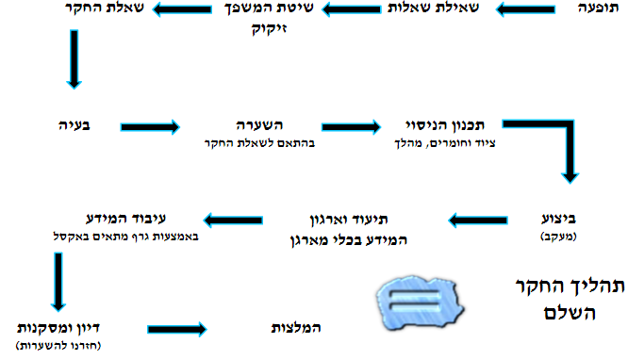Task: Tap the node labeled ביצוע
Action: (x=554, y=216)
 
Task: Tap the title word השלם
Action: (x=567, y=312)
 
